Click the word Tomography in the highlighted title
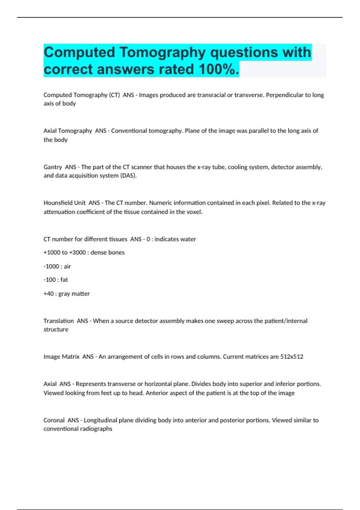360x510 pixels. (162, 52)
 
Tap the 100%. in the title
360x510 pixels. (219, 70)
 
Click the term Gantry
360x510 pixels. (53, 167)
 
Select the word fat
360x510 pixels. (64, 280)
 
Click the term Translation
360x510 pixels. (58, 321)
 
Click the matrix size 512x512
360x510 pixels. (292, 357)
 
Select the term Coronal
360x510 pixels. (54, 420)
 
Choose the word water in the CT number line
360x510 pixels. (188, 239)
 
